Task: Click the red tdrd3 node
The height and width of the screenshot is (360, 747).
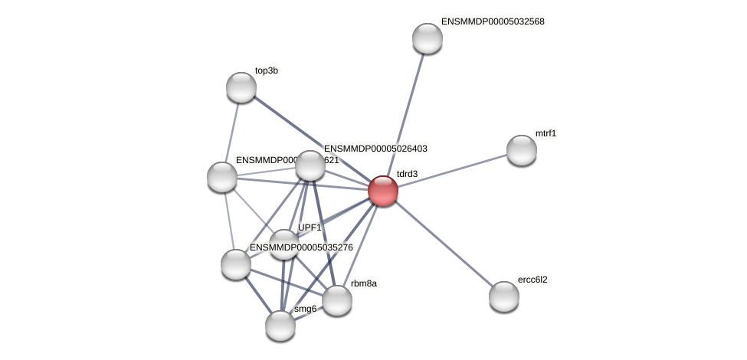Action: [x=383, y=191]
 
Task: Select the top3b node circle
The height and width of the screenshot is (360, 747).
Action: [x=241, y=87]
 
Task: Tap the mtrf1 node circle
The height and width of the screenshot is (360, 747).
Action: [x=522, y=150]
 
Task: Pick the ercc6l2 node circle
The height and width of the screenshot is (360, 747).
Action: [x=504, y=296]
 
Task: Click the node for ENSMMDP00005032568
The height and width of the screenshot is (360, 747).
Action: [x=428, y=38]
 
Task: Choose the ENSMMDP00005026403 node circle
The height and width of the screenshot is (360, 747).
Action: [x=310, y=165]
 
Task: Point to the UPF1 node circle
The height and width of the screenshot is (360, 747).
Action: [x=284, y=244]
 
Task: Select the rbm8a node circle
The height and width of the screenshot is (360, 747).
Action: [x=337, y=300]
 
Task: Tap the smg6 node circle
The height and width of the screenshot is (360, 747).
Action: [x=280, y=326]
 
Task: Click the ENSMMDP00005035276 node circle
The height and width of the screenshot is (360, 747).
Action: [x=236, y=264]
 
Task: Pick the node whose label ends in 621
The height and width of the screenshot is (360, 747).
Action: [x=222, y=177]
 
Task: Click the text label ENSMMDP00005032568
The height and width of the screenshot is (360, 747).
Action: [x=493, y=21]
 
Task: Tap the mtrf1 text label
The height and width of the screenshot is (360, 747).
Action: [x=546, y=133]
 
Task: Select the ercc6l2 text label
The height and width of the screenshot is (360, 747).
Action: [x=532, y=280]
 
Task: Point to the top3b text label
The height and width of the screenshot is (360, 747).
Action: [x=267, y=70]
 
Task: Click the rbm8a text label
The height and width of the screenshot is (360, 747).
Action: [x=363, y=283]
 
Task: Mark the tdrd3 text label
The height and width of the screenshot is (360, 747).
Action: [x=407, y=174]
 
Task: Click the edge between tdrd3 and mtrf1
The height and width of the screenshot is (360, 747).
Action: [x=452, y=170]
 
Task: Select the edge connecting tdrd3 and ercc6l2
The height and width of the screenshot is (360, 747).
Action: [x=444, y=244]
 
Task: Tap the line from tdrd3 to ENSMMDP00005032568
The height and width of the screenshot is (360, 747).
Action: [x=405, y=115]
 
